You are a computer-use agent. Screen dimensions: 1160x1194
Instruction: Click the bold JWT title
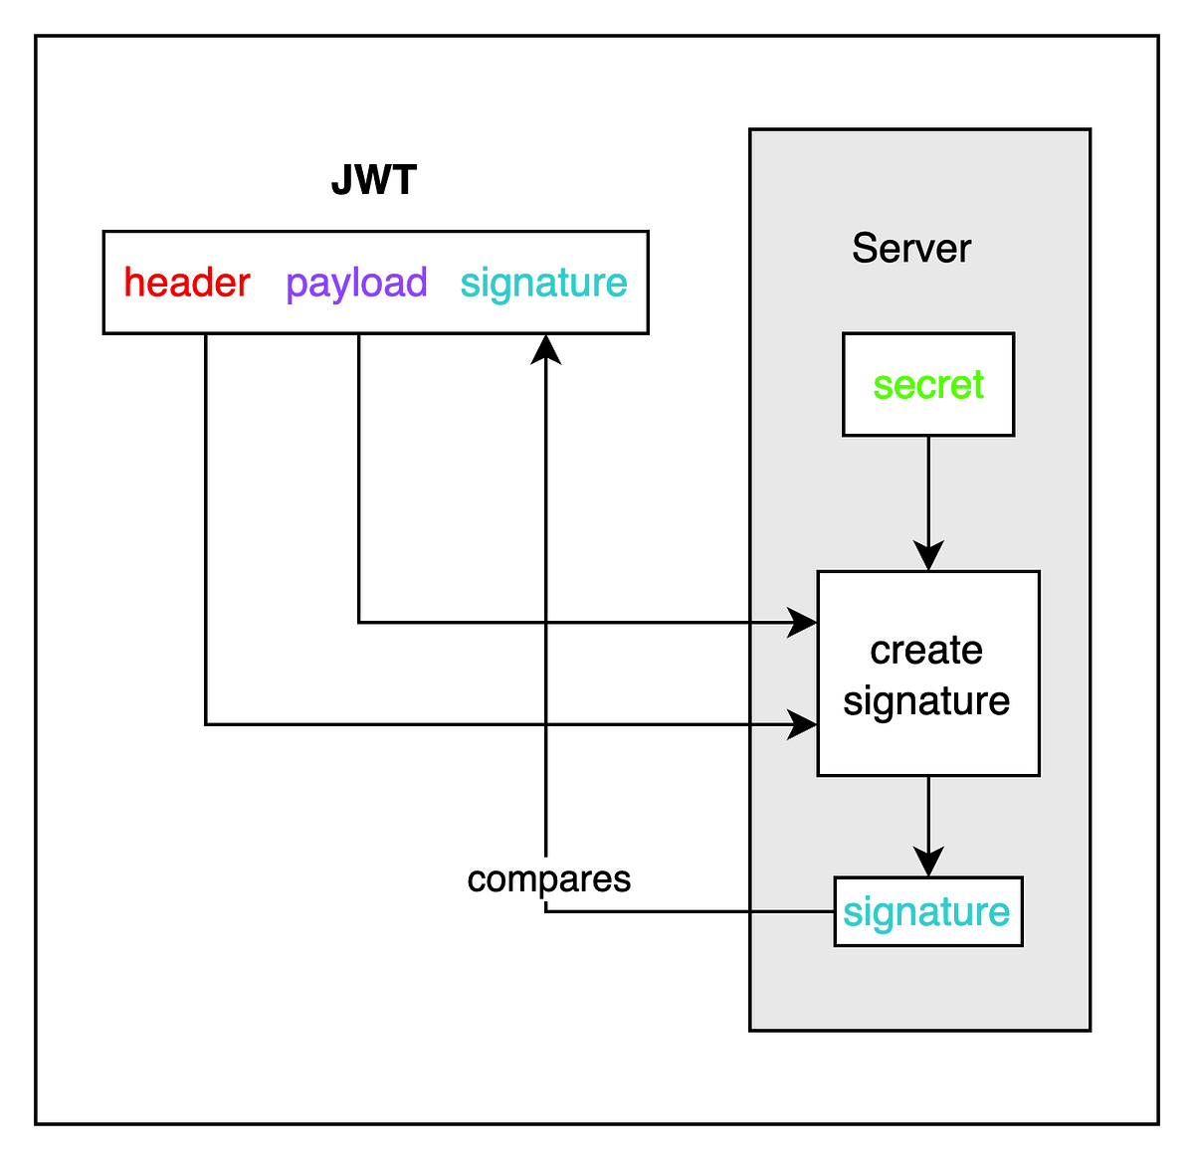[x=374, y=182]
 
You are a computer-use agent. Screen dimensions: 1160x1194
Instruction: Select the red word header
[x=187, y=284]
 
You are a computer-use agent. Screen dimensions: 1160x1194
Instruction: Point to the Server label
[x=911, y=249]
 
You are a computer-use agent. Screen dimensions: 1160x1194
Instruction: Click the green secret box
[x=928, y=385]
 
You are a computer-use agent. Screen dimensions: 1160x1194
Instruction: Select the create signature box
[x=928, y=674]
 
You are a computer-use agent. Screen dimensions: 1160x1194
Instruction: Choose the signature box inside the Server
[x=928, y=912]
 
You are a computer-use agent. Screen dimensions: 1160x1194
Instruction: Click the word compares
[x=549, y=879]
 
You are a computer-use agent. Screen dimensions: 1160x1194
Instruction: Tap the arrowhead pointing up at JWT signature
[x=546, y=348]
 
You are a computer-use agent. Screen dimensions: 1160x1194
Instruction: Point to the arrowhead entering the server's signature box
[x=928, y=863]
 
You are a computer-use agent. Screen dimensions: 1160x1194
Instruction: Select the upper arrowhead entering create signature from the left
[x=802, y=623]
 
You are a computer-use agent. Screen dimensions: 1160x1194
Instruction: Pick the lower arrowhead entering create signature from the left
[x=802, y=724]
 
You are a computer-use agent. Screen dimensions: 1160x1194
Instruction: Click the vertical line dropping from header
[x=206, y=527]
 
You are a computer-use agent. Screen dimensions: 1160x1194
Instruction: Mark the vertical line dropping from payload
[x=358, y=478]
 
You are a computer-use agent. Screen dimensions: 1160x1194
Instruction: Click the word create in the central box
[x=926, y=651]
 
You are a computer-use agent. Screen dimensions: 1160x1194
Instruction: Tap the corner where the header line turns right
[x=206, y=724]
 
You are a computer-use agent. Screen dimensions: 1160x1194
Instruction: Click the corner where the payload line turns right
[x=358, y=623]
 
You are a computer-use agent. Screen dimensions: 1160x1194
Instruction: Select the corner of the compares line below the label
[x=546, y=911]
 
